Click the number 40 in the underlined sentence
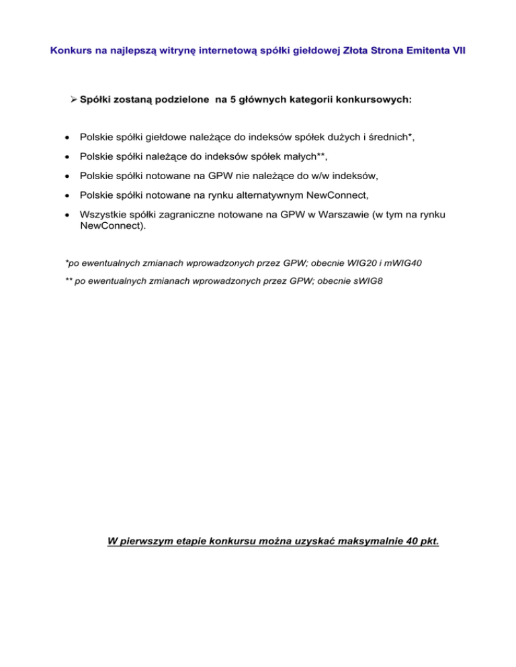(x=408, y=540)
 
